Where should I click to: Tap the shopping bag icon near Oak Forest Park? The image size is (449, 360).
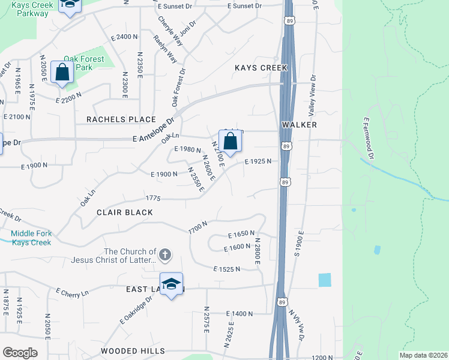(62, 73)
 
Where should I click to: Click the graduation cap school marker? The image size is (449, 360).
(171, 284)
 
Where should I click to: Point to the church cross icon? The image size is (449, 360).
(166, 255)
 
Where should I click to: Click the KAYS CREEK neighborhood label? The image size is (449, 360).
(261, 68)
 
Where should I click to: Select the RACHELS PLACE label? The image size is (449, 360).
(121, 119)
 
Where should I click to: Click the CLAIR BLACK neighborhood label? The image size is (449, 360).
(125, 212)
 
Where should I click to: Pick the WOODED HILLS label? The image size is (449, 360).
(133, 350)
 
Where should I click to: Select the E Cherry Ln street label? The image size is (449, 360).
(72, 292)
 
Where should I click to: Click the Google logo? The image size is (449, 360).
(20, 353)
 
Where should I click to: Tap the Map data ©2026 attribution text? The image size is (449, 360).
(424, 355)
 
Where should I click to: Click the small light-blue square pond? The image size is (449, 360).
(324, 280)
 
